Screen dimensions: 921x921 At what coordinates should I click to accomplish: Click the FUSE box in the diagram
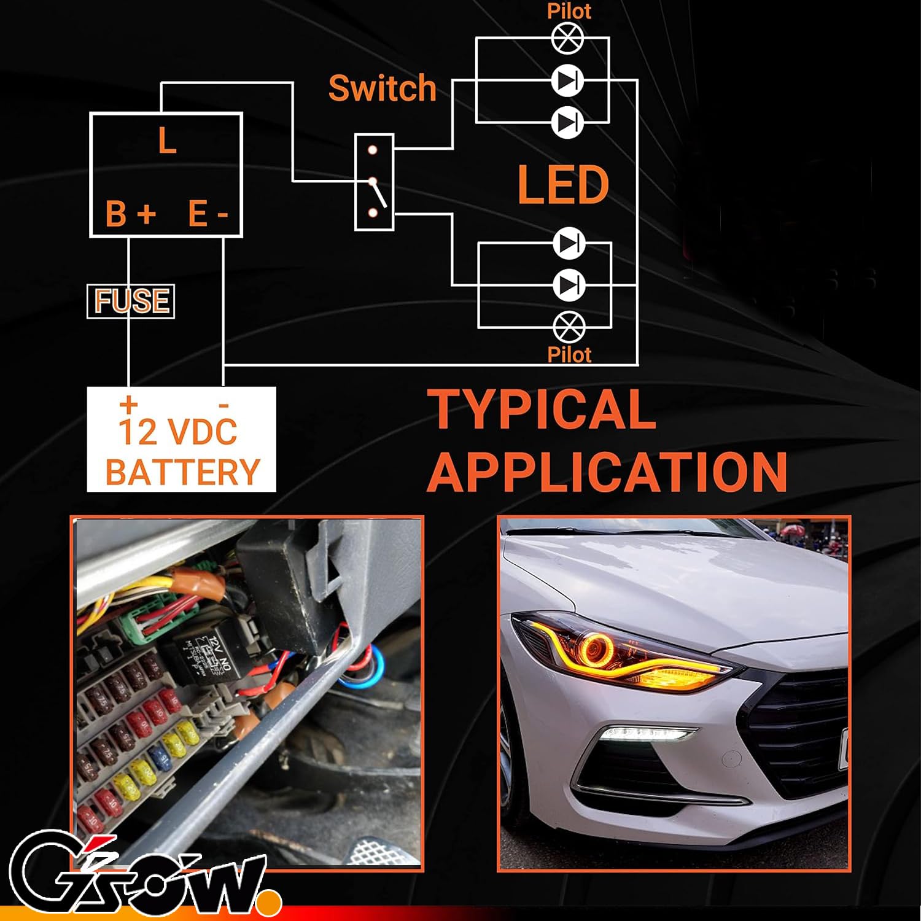coord(131,301)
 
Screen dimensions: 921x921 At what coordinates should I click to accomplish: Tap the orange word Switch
coord(382,88)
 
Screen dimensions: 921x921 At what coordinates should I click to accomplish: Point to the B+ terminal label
coord(131,214)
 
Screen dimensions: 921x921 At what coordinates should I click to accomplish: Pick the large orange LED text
coord(563,185)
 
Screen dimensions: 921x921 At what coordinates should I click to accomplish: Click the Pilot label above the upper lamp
coord(569,11)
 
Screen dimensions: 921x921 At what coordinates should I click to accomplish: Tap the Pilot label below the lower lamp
coord(569,355)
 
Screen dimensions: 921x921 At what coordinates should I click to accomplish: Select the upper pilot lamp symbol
coord(568,38)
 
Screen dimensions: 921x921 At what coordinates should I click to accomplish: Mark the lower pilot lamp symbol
coord(569,327)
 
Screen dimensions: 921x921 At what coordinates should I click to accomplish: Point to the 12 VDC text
coord(177,432)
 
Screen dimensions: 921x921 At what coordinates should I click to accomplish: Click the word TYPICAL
coord(542,410)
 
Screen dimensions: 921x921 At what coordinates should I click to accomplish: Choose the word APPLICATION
coord(607,472)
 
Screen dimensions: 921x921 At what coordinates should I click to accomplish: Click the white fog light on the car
coord(648,733)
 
